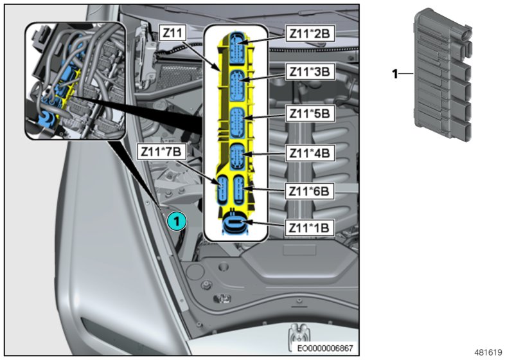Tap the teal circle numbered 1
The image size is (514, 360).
(x=176, y=221)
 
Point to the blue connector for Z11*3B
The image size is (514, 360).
(x=236, y=84)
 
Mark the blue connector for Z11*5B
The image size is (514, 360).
(x=236, y=121)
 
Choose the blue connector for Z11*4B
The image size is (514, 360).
(x=236, y=156)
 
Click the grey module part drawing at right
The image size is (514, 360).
(x=441, y=74)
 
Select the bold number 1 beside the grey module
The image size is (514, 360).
(x=396, y=74)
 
